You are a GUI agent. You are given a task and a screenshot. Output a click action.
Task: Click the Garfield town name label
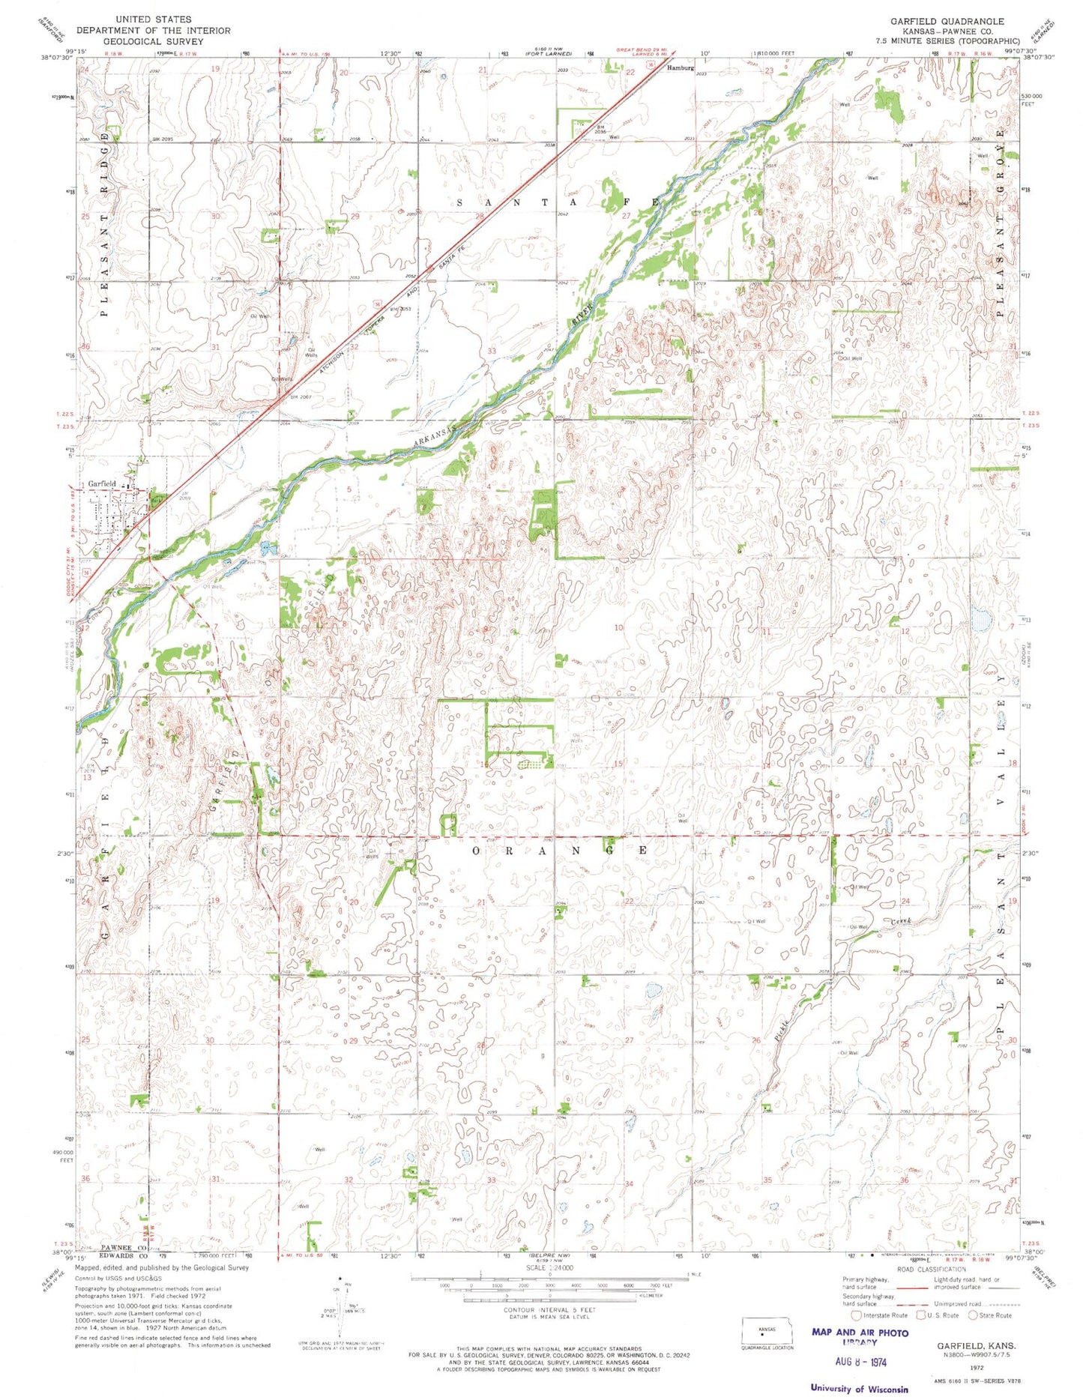[101, 483]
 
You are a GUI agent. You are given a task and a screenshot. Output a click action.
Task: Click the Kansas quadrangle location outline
[766, 1333]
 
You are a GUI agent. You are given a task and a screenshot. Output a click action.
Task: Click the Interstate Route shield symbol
[856, 1315]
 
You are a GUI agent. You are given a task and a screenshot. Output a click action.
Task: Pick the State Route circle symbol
[973, 1315]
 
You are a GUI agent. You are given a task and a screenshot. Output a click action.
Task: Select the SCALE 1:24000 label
[549, 1268]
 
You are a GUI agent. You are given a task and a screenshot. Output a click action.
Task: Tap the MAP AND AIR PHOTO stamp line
[860, 1333]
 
